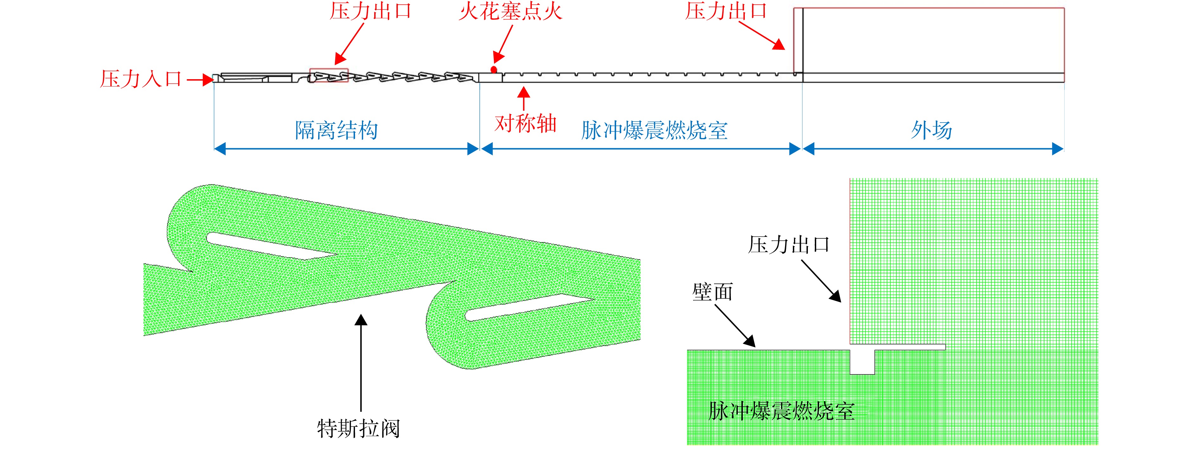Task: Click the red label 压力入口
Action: [140, 79]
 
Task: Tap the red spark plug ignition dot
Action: [494, 70]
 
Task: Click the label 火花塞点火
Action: [510, 11]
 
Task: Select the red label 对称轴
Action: [525, 124]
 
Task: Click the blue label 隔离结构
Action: [337, 130]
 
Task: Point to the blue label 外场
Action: [931, 130]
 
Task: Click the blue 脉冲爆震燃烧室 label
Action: [654, 130]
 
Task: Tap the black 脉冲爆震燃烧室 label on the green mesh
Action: [781, 411]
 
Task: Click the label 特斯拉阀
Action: [358, 428]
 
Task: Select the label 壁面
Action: [712, 292]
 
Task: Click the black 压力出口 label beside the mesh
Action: [789, 245]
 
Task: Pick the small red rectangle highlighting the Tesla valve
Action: [329, 75]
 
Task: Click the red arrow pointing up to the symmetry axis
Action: [524, 99]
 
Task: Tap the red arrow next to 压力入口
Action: [200, 80]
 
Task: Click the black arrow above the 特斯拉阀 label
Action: [361, 363]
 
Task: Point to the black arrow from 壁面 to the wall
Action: [735, 326]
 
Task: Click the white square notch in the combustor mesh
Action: [862, 362]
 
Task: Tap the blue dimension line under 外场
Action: [933, 149]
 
